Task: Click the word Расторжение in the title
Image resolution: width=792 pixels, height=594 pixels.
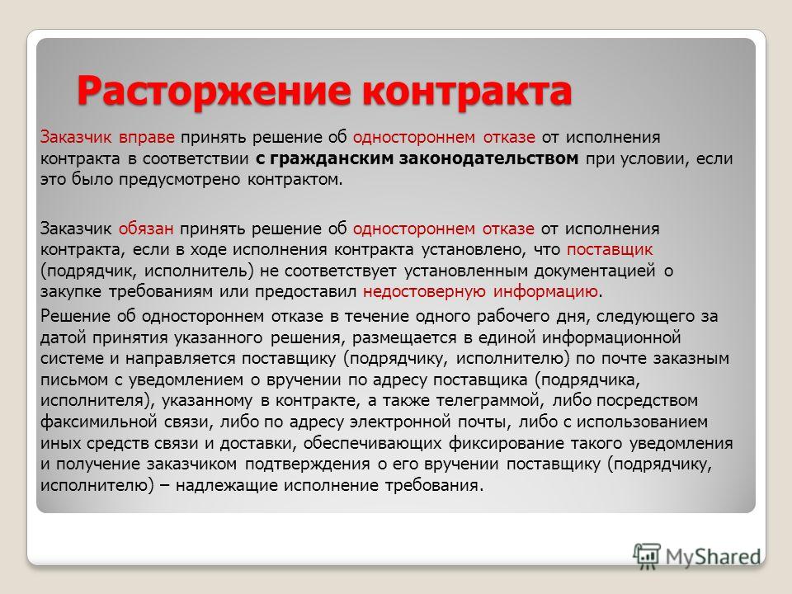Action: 214,92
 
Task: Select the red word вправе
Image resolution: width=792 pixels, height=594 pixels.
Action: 147,138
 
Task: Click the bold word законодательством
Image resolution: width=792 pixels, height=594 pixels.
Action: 489,158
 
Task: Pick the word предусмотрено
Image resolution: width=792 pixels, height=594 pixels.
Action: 179,181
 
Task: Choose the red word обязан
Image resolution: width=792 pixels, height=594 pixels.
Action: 146,229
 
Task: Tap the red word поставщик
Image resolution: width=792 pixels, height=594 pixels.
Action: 610,250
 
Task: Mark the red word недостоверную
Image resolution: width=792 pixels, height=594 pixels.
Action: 424,292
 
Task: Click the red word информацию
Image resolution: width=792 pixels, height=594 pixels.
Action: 546,292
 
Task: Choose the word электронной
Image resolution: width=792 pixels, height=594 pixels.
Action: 400,422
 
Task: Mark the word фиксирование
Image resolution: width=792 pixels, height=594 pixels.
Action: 506,444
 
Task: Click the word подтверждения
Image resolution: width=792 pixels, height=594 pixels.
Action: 308,464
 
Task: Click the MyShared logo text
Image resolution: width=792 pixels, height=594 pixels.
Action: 713,557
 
